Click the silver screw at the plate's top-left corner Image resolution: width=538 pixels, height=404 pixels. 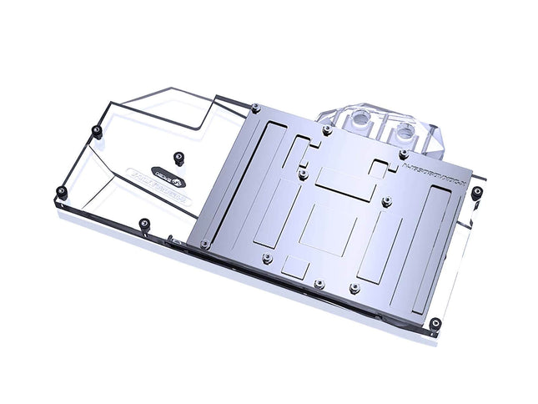coord(255,107)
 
